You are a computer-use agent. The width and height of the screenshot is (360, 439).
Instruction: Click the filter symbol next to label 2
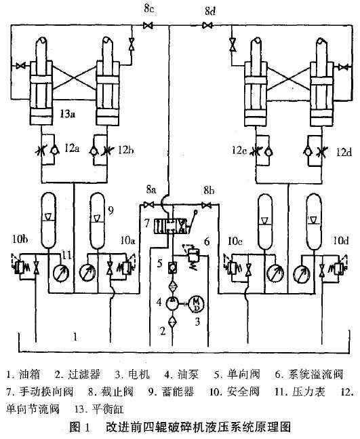pyautogui.click(x=173, y=322)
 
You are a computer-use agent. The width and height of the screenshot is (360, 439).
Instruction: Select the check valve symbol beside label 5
pyautogui.click(x=173, y=267)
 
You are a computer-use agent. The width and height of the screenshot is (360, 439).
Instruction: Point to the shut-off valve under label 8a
pyautogui.click(x=149, y=206)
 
